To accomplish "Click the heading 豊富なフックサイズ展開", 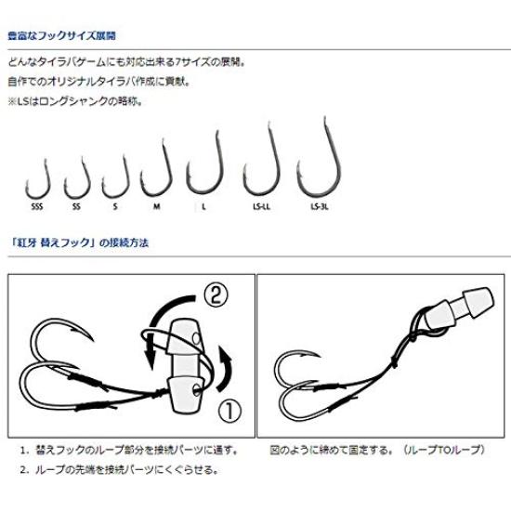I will [64, 39].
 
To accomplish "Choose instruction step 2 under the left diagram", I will [125, 469].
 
